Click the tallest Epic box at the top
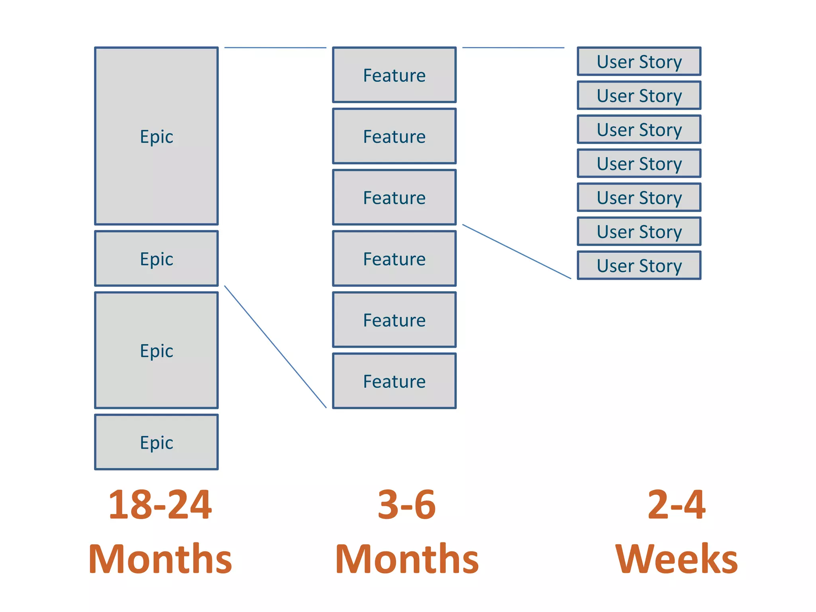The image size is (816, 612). (x=156, y=136)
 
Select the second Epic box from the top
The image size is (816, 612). (x=156, y=259)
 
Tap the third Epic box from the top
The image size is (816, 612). (x=156, y=350)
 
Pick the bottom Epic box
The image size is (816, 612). (x=156, y=442)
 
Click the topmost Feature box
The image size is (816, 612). (x=394, y=75)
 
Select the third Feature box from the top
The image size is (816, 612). (x=394, y=197)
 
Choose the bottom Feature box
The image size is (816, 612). (x=394, y=381)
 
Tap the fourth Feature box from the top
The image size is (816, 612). (x=394, y=259)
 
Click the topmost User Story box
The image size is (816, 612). (x=639, y=61)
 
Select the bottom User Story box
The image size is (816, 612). (x=639, y=265)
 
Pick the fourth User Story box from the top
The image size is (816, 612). (x=639, y=163)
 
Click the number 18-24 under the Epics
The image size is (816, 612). (x=160, y=505)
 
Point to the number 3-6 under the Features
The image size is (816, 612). (x=406, y=505)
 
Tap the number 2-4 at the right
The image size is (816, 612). (x=676, y=505)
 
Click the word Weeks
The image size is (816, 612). (x=676, y=559)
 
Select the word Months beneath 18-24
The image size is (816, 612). (x=160, y=559)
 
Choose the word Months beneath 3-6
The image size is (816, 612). (x=406, y=559)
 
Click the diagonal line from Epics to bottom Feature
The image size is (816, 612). (x=275, y=347)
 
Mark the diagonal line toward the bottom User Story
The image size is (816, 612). (x=516, y=251)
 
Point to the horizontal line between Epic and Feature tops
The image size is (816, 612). (x=275, y=48)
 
